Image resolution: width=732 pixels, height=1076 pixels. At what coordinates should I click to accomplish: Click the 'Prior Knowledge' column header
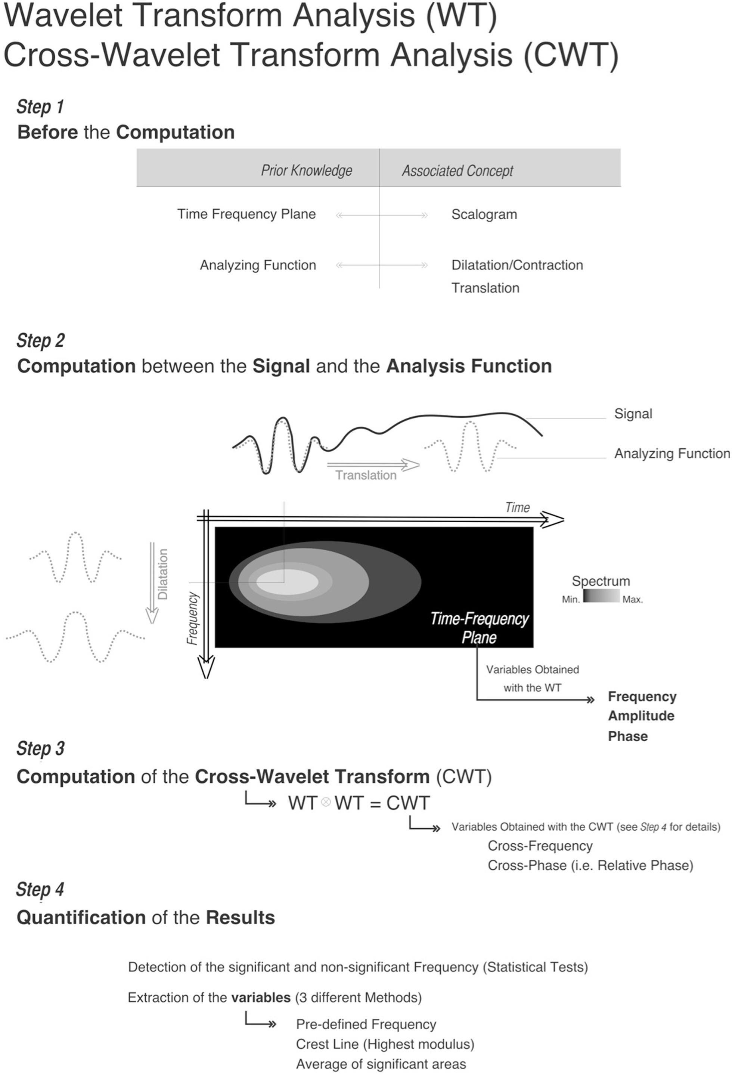(x=306, y=170)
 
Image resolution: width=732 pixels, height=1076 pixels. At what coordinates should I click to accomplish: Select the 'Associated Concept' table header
(x=457, y=171)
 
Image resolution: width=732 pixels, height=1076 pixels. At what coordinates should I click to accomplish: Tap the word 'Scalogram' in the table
(x=484, y=215)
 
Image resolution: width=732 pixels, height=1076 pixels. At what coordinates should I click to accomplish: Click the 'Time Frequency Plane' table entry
(x=246, y=214)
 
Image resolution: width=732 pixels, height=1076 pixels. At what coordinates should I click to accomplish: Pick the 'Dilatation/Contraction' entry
(x=517, y=265)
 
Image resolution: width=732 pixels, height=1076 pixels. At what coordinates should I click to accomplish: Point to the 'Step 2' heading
(x=40, y=340)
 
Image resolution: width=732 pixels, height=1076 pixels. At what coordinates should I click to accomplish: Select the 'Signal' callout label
(x=633, y=414)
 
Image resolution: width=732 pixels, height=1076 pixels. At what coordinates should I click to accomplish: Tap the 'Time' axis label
(x=517, y=507)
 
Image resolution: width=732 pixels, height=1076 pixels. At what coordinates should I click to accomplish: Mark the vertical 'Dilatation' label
(x=163, y=574)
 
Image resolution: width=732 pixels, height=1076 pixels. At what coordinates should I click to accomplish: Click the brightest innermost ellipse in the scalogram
(x=287, y=582)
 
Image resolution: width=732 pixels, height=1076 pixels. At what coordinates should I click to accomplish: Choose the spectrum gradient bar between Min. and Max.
(x=601, y=596)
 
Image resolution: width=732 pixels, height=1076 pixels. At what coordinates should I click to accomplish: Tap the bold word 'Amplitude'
(x=641, y=716)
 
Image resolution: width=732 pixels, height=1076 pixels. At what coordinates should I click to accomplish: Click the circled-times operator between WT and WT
(x=326, y=802)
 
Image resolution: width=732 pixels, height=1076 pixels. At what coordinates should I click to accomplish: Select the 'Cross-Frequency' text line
(x=540, y=846)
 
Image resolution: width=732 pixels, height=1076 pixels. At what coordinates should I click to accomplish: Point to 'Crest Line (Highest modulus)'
(x=385, y=1045)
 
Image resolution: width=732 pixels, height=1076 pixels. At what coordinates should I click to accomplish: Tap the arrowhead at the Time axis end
(x=553, y=519)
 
